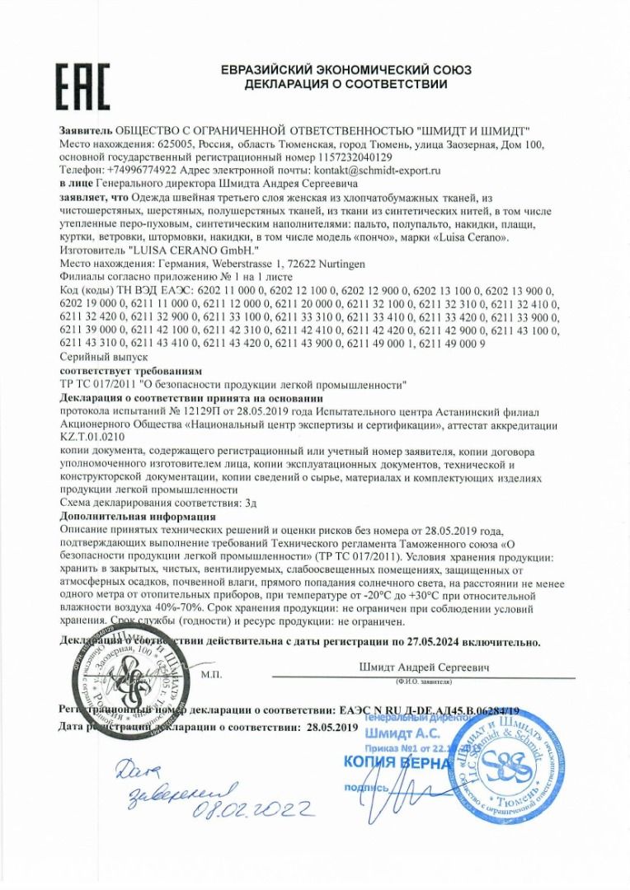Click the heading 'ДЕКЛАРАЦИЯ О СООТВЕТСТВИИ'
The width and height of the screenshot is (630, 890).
point(346,84)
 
